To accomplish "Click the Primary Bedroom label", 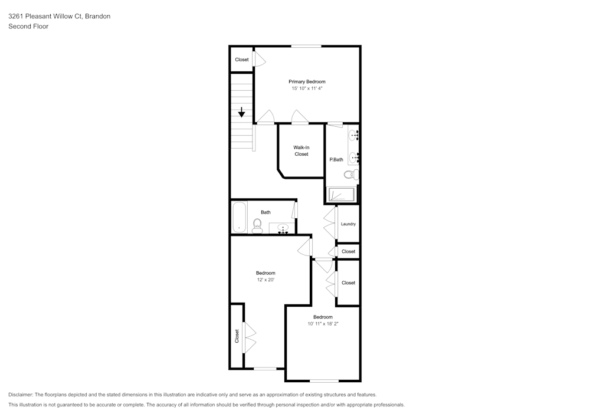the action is [307, 81].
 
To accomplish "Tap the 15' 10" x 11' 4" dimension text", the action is [307, 88].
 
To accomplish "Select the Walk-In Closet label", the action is [301, 151].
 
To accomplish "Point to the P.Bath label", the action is [336, 159].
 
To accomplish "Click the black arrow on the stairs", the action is [241, 112].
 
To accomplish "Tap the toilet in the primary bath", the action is [352, 175].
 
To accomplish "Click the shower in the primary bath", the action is [342, 195].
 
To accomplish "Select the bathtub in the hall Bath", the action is [240, 217].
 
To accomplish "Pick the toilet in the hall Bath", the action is [257, 226].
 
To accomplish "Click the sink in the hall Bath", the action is [282, 228].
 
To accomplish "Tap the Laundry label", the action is [348, 224].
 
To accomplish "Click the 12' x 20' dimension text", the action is [265, 280].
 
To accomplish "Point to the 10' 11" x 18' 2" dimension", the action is [323, 324].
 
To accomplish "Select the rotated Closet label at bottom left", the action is [237, 336].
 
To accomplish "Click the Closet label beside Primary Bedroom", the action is [241, 60].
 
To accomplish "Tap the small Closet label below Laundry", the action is [349, 251].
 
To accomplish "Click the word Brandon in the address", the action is [97, 16].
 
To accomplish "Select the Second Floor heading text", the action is [28, 27].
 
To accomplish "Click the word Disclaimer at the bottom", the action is [20, 395].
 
